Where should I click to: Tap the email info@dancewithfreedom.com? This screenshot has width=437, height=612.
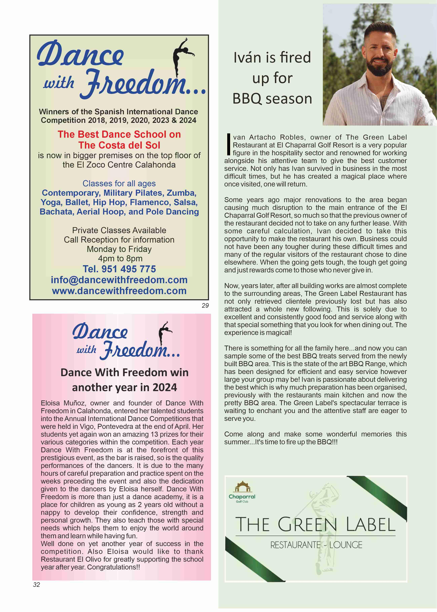(119, 280)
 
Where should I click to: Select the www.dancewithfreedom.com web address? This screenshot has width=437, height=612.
(119, 291)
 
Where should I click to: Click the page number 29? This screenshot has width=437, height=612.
(205, 305)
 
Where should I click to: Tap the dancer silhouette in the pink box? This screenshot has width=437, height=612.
(164, 333)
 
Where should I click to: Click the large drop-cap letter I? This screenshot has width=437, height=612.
(229, 145)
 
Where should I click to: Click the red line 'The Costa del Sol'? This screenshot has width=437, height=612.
(119, 145)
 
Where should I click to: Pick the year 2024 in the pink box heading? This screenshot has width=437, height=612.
(165, 387)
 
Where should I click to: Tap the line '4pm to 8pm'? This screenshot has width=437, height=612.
(120, 258)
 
